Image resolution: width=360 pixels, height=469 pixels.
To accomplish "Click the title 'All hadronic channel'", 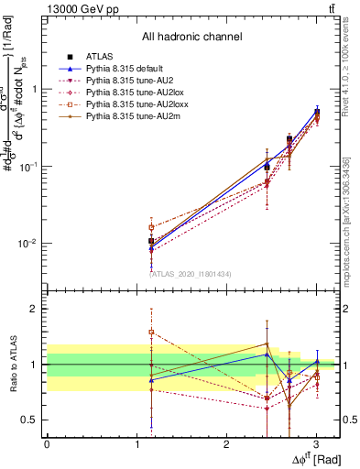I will point(191,37).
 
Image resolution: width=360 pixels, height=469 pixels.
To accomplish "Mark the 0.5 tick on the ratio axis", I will point(33,420).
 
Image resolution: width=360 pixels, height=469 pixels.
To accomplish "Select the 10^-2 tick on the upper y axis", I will point(30,244).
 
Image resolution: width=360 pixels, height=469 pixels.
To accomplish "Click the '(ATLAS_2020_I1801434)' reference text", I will point(191,273).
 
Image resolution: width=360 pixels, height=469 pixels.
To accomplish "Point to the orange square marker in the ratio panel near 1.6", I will point(151,332).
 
